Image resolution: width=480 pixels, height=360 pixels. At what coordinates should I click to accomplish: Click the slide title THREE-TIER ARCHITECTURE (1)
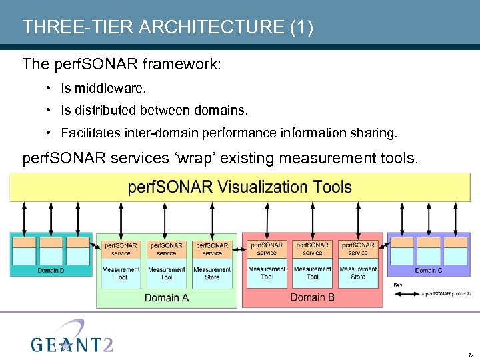pyautogui.click(x=167, y=27)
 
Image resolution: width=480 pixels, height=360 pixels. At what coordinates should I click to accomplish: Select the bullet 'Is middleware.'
pyautogui.click(x=103, y=88)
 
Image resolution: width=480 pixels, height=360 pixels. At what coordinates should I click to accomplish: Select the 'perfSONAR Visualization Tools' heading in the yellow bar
pyautogui.click(x=239, y=186)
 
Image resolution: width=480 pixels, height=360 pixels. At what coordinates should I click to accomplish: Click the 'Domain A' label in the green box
pyautogui.click(x=166, y=298)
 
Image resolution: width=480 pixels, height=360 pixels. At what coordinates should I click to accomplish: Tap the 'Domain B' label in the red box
pyautogui.click(x=312, y=297)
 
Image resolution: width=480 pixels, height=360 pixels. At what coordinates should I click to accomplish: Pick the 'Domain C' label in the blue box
pyautogui.click(x=429, y=270)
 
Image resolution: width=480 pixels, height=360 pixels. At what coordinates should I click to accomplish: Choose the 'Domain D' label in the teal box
pyautogui.click(x=51, y=270)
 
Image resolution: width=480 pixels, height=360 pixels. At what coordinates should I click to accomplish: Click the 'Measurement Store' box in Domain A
pyautogui.click(x=212, y=273)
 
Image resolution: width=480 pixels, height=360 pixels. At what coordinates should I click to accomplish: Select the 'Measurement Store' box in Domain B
pyautogui.click(x=358, y=273)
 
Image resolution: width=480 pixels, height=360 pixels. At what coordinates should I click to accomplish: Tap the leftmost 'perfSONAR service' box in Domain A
pyautogui.click(x=121, y=249)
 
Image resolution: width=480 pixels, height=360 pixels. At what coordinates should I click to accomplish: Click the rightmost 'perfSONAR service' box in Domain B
pyautogui.click(x=358, y=249)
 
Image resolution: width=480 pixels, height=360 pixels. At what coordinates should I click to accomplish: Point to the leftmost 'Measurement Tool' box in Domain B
pyautogui.click(x=267, y=273)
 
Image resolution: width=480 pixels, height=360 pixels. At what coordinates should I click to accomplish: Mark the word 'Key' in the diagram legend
pyautogui.click(x=398, y=285)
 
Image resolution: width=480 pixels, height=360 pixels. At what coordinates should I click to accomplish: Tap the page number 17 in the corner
pyautogui.click(x=471, y=354)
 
